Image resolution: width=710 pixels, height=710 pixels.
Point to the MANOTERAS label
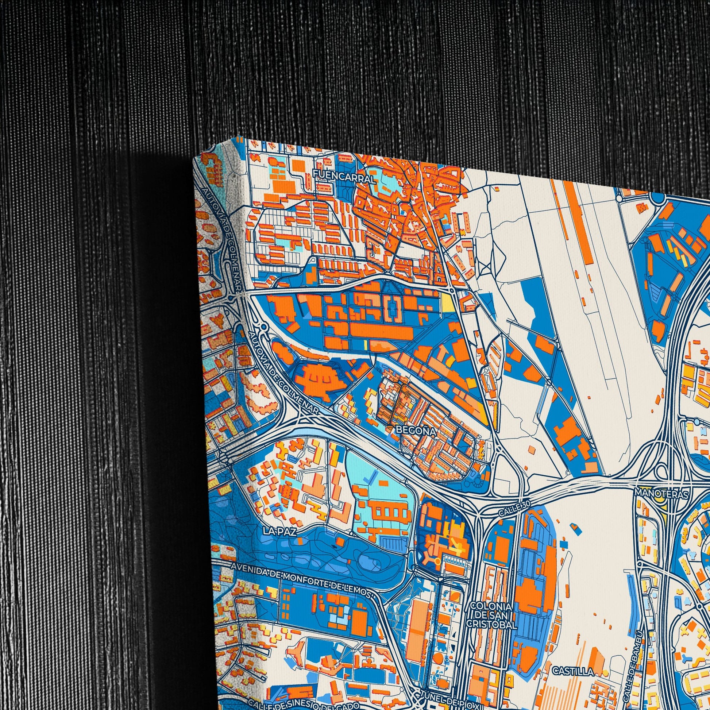coord(661,493)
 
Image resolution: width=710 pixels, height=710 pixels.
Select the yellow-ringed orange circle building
coord(437,561)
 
